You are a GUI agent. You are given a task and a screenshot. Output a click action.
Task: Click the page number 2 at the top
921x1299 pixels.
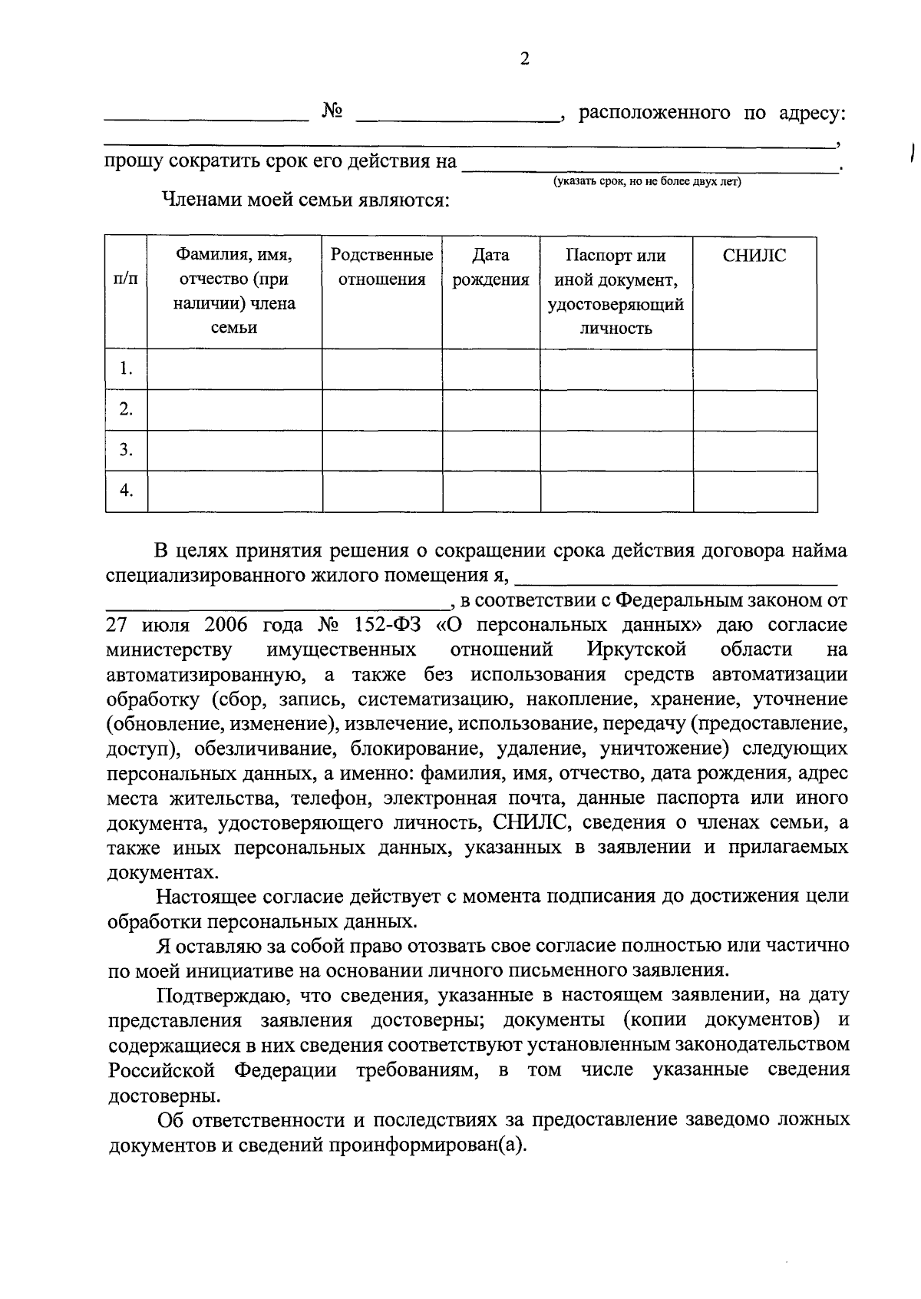525,60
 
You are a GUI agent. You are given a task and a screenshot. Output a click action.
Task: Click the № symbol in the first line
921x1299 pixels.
332,112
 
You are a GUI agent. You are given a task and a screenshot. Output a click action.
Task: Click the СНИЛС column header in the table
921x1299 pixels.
754,256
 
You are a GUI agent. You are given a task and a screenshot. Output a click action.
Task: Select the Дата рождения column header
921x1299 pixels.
490,267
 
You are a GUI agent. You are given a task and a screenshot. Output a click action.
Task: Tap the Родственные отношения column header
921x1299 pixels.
381,267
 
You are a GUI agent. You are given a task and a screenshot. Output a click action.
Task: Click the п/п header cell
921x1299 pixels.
126,279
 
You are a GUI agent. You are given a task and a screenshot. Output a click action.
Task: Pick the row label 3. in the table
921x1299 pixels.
126,449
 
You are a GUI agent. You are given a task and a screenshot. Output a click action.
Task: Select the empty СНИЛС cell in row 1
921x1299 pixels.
754,369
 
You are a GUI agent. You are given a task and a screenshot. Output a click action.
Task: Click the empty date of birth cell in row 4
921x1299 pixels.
491,491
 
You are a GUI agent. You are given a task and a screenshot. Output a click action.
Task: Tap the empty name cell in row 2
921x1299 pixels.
234,409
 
